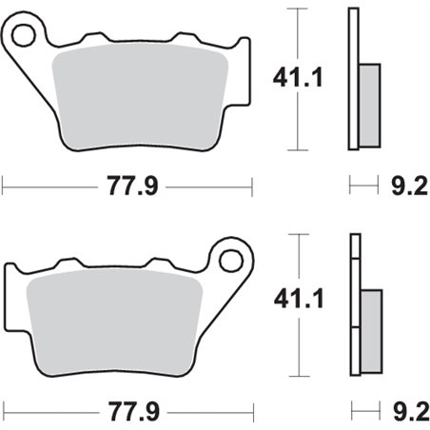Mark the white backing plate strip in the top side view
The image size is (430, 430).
[x=355, y=78]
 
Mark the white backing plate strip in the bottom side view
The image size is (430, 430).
[x=355, y=304]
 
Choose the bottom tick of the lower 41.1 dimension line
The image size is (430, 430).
[x=302, y=376]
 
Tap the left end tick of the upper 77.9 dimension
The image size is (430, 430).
[x=3, y=183]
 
